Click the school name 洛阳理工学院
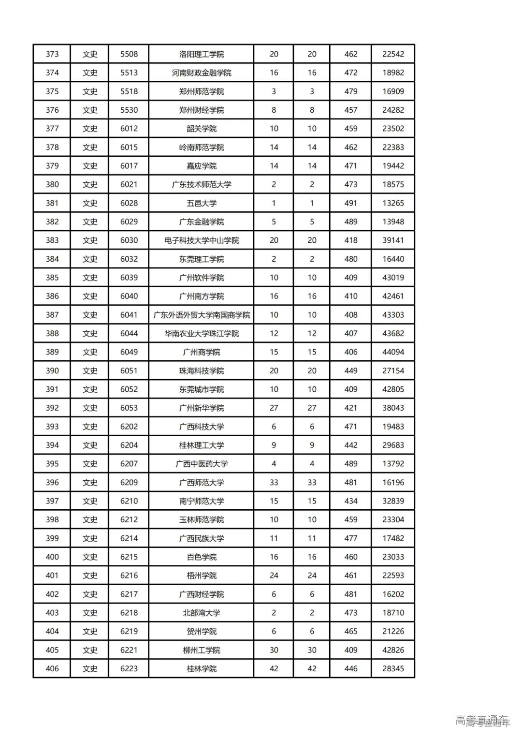tap(201, 54)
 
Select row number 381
tap(52, 203)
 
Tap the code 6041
tap(129, 315)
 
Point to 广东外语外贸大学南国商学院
tap(201, 315)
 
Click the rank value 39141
tap(393, 240)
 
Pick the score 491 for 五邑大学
tap(350, 203)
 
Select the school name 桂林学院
tap(201, 669)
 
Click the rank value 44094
tap(393, 352)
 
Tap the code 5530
tap(129, 110)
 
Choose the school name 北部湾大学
tap(201, 613)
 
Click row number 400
tap(52, 557)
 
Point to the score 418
tap(350, 240)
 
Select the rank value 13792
tap(393, 464)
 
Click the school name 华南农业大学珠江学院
tap(201, 334)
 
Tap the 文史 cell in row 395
tap(90, 464)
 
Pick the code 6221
tap(129, 650)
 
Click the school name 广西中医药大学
tap(201, 464)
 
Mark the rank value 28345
tap(393, 669)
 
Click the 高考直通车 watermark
tap(482, 720)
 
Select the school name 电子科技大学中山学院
tap(201, 240)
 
